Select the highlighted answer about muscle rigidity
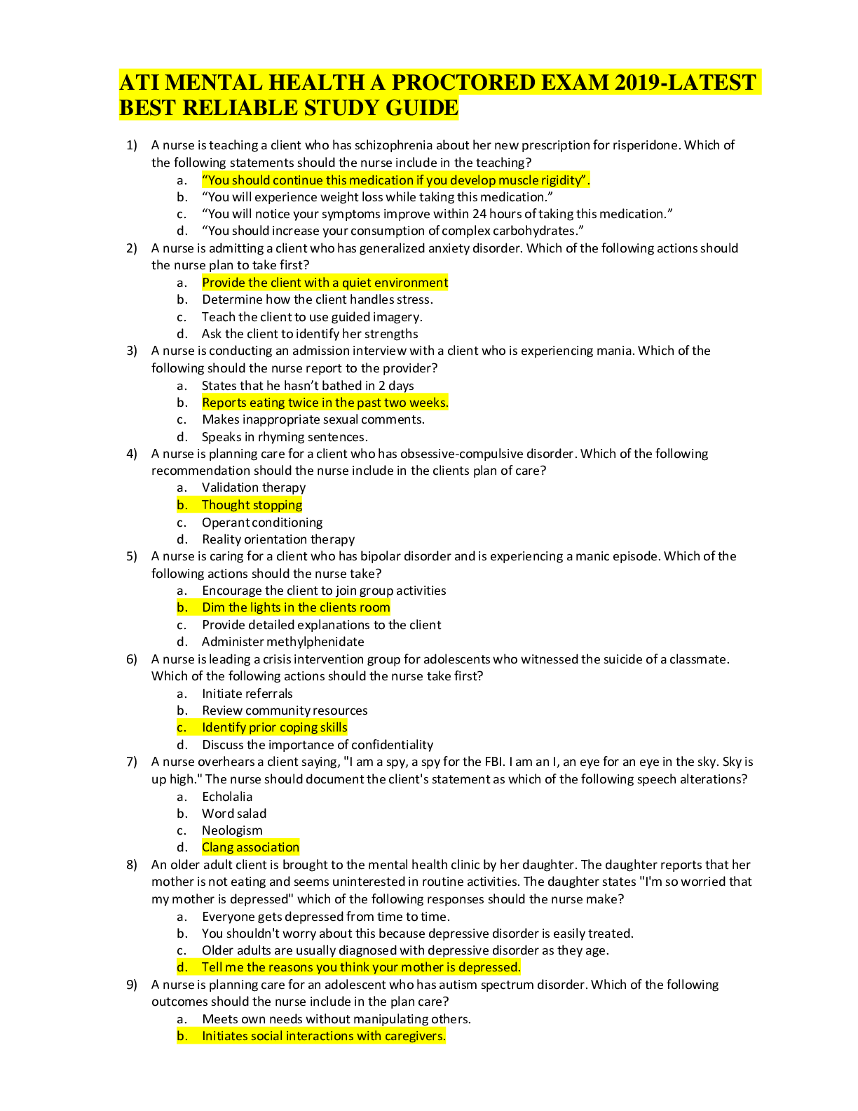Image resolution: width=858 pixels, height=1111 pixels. (x=395, y=180)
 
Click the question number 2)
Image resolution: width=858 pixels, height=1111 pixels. (x=132, y=248)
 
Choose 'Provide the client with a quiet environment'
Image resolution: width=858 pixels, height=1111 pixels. (x=325, y=283)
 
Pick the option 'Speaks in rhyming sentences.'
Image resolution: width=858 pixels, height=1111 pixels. (x=284, y=437)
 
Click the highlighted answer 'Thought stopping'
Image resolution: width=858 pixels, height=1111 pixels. (x=252, y=505)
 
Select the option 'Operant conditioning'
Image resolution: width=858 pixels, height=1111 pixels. (x=262, y=523)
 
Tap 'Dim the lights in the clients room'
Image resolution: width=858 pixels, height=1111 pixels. (x=296, y=607)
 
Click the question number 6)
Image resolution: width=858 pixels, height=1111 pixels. (x=132, y=659)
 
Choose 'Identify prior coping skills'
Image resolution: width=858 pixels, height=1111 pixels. (x=274, y=727)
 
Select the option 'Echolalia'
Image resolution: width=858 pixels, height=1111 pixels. (x=227, y=797)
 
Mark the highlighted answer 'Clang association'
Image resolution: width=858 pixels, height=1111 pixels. (x=250, y=847)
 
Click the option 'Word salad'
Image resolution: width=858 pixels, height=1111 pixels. (x=234, y=814)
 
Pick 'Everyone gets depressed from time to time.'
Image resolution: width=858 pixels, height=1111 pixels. (x=326, y=917)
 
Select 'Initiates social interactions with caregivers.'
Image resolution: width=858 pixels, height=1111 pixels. (x=324, y=1036)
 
